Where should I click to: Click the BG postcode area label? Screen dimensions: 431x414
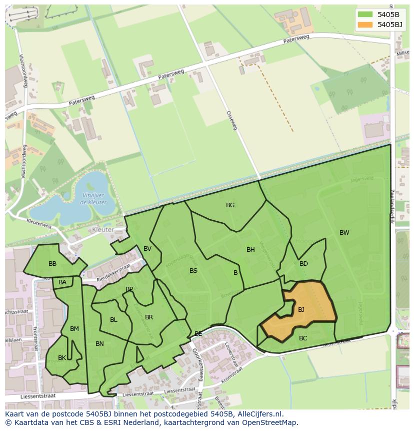[230, 205]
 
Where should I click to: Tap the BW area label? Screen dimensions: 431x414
[344, 233]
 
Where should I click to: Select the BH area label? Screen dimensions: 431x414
[250, 250]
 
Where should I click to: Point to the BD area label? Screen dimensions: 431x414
[303, 264]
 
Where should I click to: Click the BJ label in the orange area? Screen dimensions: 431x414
[301, 310]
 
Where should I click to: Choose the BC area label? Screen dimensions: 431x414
[303, 338]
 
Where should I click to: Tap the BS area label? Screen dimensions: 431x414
[193, 271]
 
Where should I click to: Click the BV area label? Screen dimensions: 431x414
[147, 249]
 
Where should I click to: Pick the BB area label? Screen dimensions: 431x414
[52, 264]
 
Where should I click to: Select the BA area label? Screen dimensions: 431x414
[62, 282]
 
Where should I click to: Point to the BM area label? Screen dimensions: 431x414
[74, 329]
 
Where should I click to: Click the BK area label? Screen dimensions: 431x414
[62, 358]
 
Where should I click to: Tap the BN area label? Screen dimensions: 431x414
[99, 344]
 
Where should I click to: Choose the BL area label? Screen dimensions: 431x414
[113, 320]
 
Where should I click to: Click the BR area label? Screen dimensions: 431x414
[149, 317]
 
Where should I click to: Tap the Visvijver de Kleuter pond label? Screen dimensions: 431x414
[92, 199]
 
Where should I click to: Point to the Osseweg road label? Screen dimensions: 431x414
[231, 121]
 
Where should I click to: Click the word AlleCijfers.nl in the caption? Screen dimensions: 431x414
[260, 414]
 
